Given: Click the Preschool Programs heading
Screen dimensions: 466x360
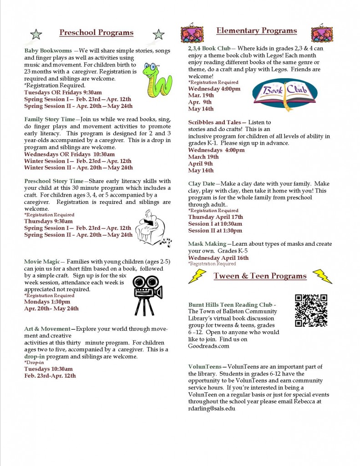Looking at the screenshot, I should point(96,32).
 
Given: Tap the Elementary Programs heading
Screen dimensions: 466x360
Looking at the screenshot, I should point(256,30).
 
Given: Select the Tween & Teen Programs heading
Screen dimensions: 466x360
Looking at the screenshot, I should point(260,276).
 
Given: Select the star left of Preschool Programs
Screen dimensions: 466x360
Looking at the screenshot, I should point(36,34).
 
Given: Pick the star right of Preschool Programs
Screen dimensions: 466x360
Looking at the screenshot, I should point(158,34).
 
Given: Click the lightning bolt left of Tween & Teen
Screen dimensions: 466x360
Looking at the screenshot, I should point(197,276).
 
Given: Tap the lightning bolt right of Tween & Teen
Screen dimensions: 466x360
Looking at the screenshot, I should point(322,276).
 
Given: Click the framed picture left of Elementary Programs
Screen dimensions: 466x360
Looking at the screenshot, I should point(192,34).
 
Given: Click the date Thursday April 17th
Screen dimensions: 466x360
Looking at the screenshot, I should point(215,217).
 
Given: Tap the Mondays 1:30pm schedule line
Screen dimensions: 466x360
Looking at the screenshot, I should point(47,302).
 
